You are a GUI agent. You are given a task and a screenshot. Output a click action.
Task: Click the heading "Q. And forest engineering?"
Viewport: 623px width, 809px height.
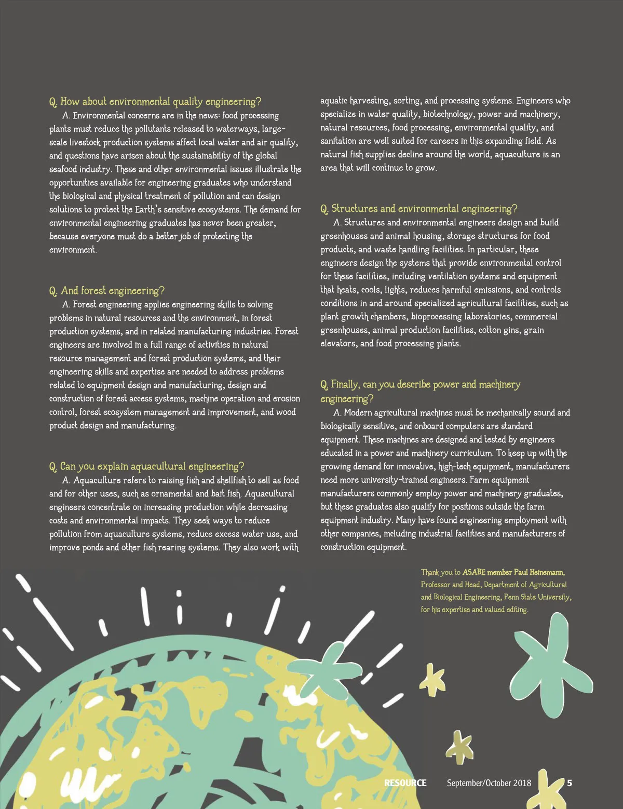point(107,291)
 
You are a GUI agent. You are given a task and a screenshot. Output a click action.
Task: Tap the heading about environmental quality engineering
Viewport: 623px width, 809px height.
point(155,102)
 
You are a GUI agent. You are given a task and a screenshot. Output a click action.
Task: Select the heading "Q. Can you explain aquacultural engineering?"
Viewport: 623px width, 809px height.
point(146,466)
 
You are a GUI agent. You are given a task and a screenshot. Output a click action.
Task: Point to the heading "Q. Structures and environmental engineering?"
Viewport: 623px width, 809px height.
point(418,209)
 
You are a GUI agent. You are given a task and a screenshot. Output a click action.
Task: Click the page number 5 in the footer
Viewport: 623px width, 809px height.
point(570,783)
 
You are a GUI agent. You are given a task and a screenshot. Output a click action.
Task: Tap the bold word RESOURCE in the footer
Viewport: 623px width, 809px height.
point(405,783)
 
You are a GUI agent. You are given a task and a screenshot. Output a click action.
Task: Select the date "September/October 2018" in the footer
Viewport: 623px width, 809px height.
point(489,783)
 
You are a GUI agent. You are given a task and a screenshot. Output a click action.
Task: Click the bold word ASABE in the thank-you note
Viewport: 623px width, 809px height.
point(473,572)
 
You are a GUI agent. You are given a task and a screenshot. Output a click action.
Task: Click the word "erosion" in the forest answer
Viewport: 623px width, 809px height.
point(286,399)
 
